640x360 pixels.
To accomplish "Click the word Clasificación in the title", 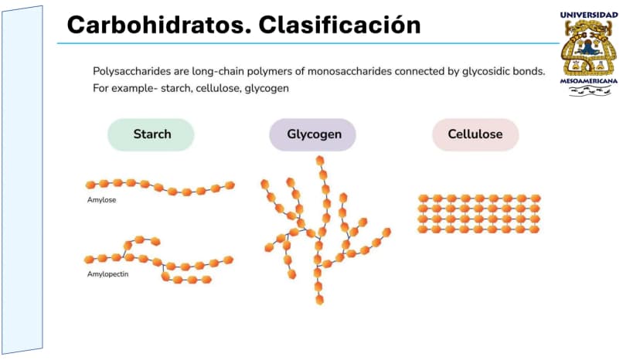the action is pyautogui.click(x=339, y=25).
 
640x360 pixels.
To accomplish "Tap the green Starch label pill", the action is pyautogui.click(x=151, y=134).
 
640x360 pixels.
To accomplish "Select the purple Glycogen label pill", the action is pyautogui.click(x=312, y=134).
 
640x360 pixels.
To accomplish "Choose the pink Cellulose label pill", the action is pyautogui.click(x=475, y=134).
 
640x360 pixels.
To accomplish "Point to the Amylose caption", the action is pyautogui.click(x=101, y=200).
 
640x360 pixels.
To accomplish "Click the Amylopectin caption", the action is pyautogui.click(x=107, y=274).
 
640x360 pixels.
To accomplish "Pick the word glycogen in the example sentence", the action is pyautogui.click(x=267, y=89).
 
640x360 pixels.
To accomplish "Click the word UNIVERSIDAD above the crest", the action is pyautogui.click(x=589, y=15).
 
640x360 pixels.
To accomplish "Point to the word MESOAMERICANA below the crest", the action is pyautogui.click(x=588, y=81).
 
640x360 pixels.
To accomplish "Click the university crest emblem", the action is pyautogui.click(x=587, y=47).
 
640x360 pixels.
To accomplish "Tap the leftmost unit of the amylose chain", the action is pyautogui.click(x=90, y=185).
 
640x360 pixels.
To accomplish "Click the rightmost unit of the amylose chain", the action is pyautogui.click(x=230, y=185).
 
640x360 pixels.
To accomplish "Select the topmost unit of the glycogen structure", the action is pyautogui.click(x=320, y=161).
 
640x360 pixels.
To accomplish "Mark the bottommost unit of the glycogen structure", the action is pyautogui.click(x=319, y=301).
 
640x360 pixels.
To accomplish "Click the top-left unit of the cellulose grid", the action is pyautogui.click(x=424, y=199).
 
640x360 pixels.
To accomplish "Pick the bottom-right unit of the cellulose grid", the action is pyautogui.click(x=534, y=229).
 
